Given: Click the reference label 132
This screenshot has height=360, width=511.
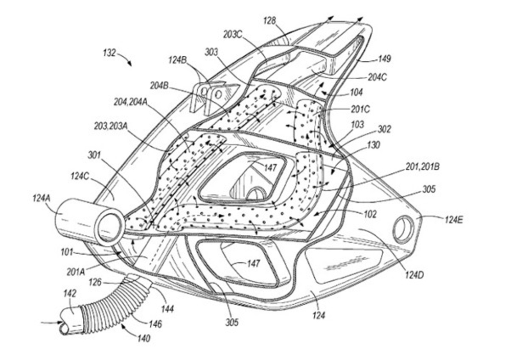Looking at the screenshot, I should [109, 53].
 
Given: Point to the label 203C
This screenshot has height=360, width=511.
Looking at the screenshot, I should [233, 34].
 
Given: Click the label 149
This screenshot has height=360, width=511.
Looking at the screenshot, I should [384, 59].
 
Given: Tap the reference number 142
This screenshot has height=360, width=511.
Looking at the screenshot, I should [70, 293].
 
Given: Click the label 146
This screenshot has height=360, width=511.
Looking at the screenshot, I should [156, 323].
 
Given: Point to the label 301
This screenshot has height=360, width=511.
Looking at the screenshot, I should [97, 152].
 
